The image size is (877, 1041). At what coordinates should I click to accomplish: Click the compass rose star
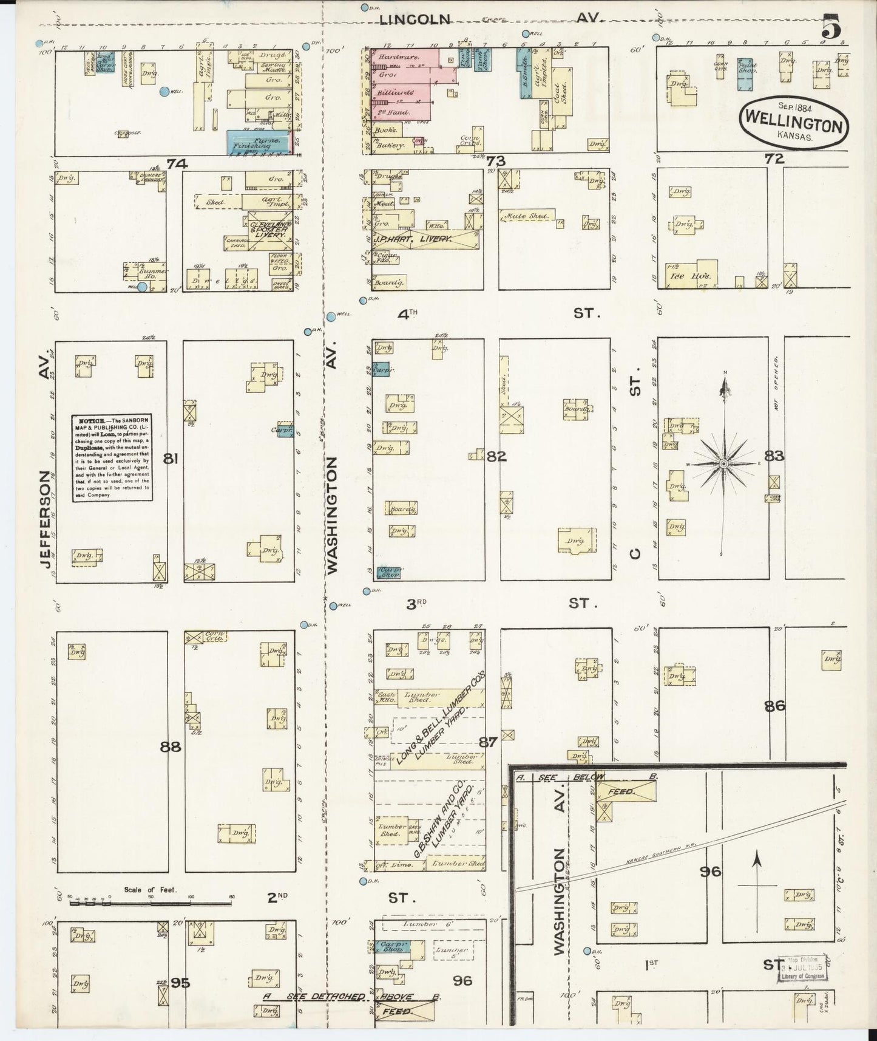coord(723,463)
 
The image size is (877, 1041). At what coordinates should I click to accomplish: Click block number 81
coord(171,459)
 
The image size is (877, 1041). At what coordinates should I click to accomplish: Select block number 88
coord(171,747)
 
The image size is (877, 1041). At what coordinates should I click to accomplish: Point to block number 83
coord(774,456)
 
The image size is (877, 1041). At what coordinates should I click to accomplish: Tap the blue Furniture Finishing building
coord(261,142)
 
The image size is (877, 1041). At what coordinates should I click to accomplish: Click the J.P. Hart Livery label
coord(413,239)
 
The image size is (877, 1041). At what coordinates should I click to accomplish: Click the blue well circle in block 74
coord(164,92)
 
